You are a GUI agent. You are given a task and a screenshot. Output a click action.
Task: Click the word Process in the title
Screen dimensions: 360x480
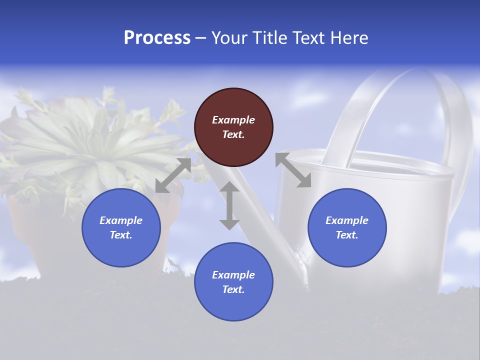[157, 38]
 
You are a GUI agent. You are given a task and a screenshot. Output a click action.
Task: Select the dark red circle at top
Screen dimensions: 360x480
[233, 127]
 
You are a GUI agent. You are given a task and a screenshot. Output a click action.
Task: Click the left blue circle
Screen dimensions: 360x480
[121, 227]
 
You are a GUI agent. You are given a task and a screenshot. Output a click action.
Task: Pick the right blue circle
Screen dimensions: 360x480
[347, 227]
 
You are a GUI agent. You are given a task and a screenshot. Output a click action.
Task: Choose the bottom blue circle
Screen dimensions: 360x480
[233, 282]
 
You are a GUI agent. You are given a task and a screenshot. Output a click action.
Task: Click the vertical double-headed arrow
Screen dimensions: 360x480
[229, 205]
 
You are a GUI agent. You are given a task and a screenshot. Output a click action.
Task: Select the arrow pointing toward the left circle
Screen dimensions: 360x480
[173, 175]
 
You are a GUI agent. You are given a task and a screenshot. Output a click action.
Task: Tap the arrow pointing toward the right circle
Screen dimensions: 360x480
[293, 170]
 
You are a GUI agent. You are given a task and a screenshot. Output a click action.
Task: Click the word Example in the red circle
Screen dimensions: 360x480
[233, 120]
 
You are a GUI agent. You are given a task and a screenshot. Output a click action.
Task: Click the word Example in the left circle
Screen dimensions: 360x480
[121, 220]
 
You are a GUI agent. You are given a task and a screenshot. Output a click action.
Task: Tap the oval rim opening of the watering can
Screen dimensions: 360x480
[385, 165]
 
